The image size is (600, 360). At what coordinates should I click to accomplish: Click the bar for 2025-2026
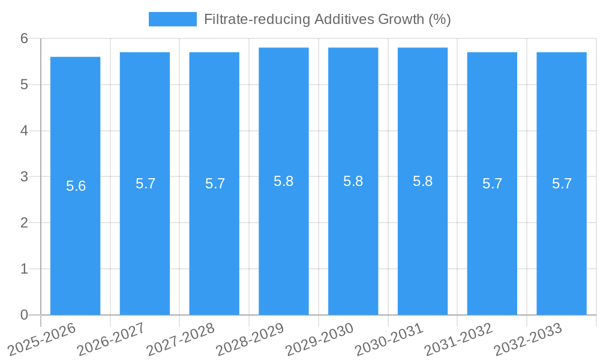point(75,240)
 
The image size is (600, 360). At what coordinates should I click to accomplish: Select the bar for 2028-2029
point(284,240)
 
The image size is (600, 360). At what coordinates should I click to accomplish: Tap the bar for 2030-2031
point(422,240)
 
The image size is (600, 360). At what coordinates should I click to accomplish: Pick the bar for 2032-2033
point(562,240)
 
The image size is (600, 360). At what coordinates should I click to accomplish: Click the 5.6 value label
point(76,186)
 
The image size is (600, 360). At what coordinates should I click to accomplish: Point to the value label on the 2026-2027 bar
point(146,184)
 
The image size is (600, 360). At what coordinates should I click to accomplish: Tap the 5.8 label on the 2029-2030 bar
point(353,181)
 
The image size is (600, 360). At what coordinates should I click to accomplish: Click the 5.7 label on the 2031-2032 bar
point(493,184)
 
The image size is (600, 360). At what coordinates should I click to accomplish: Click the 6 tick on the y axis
point(24,38)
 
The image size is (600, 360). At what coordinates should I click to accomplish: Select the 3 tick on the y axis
point(24,177)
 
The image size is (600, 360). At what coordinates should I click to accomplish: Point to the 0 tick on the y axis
point(24,315)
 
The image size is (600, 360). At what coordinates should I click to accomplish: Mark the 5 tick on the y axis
point(24,85)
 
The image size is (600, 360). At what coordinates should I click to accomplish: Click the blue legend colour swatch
point(172,19)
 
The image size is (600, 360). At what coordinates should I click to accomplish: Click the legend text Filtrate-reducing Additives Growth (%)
point(327,19)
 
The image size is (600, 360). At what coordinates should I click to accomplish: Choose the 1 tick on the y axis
point(24,269)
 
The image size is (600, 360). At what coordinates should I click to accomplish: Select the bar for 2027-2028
point(214,240)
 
